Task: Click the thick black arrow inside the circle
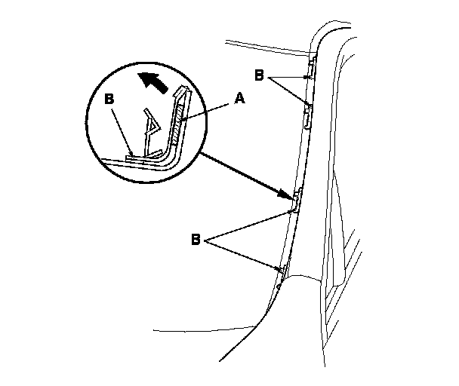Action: click(152, 81)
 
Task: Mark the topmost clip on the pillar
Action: click(309, 76)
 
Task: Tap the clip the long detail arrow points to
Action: click(297, 198)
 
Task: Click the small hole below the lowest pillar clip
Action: click(279, 286)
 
